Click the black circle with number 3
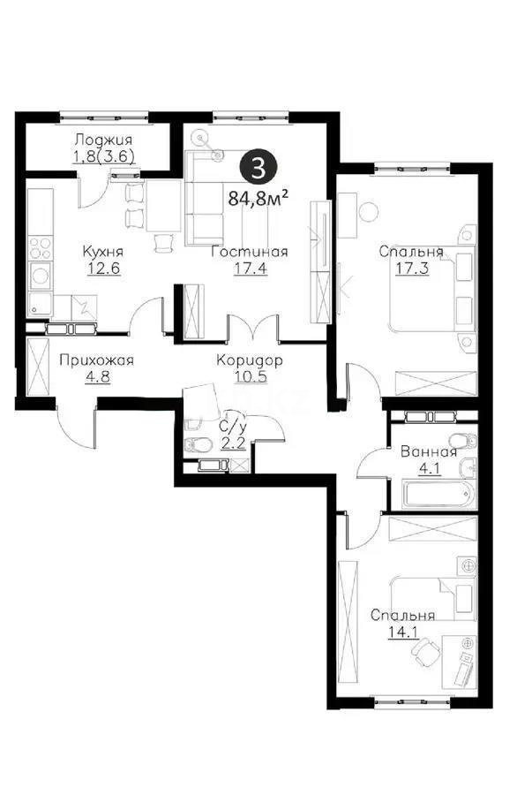click(257, 165)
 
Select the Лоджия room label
click(103, 139)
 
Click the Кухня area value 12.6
click(102, 268)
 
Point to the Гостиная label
click(249, 252)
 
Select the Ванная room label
click(429, 451)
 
